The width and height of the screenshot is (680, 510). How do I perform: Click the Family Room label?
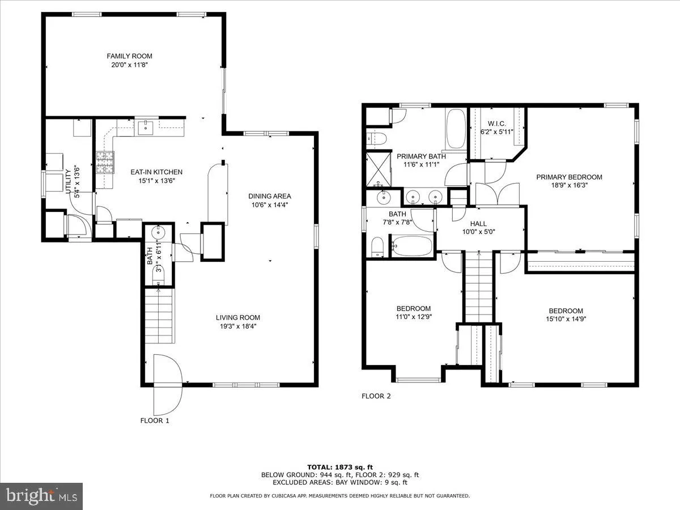[x=129, y=56]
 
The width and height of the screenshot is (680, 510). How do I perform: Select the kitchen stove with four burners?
[x=105, y=163]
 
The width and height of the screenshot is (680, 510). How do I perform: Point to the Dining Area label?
[x=269, y=196]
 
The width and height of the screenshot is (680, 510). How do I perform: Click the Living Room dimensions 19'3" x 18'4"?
[x=238, y=326]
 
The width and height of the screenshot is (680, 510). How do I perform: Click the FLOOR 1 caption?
[x=155, y=420]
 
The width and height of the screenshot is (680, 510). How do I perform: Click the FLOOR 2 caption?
[x=376, y=396]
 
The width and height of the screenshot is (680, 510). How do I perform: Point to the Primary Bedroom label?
[x=569, y=177]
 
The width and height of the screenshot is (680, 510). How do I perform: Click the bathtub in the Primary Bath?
[x=455, y=129]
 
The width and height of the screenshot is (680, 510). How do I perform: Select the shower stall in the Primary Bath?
[x=378, y=168]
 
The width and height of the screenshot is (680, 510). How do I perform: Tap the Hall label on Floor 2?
[x=478, y=224]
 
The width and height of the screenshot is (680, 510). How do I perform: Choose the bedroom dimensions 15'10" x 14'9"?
[x=566, y=319]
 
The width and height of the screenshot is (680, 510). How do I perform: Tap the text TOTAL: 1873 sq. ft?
[x=339, y=467]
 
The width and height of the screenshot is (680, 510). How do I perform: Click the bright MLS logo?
[x=41, y=495]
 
